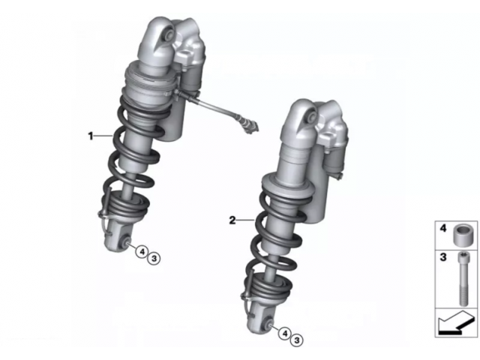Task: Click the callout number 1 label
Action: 90,136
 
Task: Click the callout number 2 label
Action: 232,220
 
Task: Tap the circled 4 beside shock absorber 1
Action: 142,252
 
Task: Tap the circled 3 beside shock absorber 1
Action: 154,259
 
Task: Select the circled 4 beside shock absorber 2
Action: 285,333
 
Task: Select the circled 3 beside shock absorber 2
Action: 297,340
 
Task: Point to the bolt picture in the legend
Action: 462,278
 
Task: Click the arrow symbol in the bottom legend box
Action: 455,323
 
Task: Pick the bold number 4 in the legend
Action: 443,228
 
